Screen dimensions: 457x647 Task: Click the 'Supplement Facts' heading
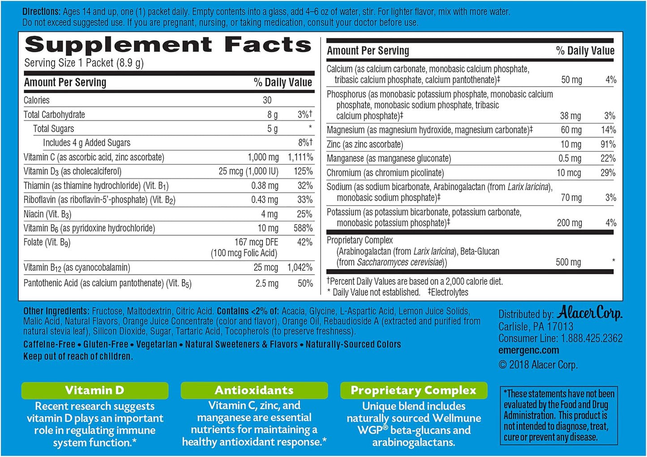click(x=168, y=45)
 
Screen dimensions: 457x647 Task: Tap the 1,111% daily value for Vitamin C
click(x=300, y=157)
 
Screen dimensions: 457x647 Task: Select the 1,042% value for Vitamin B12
click(x=300, y=267)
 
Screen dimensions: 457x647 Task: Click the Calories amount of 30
click(x=267, y=100)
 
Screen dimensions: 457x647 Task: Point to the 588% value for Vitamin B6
click(x=303, y=228)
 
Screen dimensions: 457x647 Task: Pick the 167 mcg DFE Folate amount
click(x=256, y=242)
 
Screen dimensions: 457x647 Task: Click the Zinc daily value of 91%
click(x=608, y=144)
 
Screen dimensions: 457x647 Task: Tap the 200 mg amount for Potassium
click(x=569, y=223)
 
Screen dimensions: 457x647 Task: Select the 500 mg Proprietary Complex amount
click(x=568, y=262)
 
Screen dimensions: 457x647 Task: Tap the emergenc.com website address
click(x=528, y=350)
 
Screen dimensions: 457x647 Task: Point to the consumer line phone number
click(x=590, y=338)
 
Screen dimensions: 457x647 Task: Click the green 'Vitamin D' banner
click(x=94, y=390)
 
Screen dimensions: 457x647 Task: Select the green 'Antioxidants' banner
click(x=254, y=390)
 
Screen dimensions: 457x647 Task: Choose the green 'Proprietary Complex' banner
click(x=413, y=390)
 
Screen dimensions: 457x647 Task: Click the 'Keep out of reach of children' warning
click(x=78, y=357)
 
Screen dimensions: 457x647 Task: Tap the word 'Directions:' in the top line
click(x=41, y=12)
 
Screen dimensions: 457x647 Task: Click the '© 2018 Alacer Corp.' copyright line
click(x=538, y=365)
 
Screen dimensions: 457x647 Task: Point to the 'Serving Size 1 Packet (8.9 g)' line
click(x=84, y=63)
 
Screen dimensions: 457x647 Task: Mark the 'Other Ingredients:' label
click(x=56, y=311)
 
